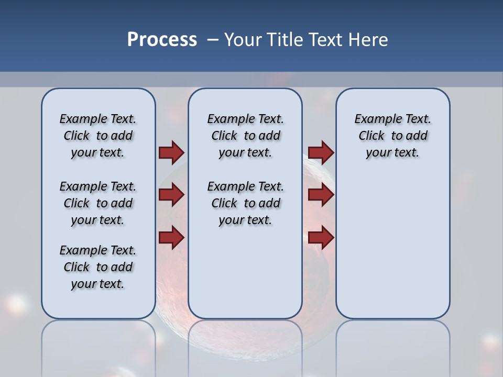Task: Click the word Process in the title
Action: point(162,40)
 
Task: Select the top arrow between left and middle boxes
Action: point(171,152)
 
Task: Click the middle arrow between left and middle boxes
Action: point(171,195)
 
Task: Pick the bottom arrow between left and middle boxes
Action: point(171,237)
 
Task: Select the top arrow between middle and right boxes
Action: point(321,152)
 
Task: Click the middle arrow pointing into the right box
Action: point(321,195)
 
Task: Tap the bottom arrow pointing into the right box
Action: point(321,237)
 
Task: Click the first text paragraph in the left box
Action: point(98,136)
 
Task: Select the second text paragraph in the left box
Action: point(98,203)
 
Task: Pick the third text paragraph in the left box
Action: point(98,267)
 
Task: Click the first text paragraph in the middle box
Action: point(245,136)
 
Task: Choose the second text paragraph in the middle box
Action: point(245,203)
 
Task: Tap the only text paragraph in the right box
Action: point(392,136)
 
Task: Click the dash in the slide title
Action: point(213,40)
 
